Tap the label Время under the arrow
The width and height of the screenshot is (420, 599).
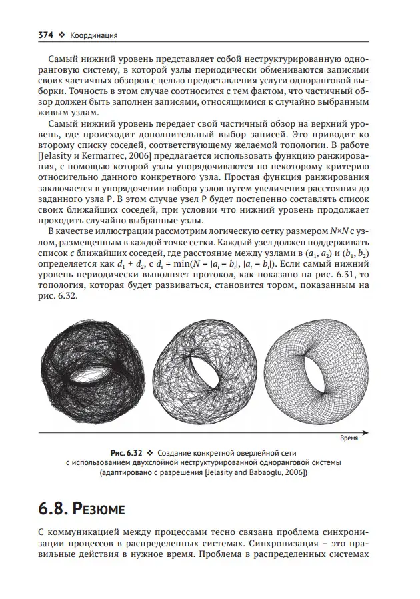click(351, 440)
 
